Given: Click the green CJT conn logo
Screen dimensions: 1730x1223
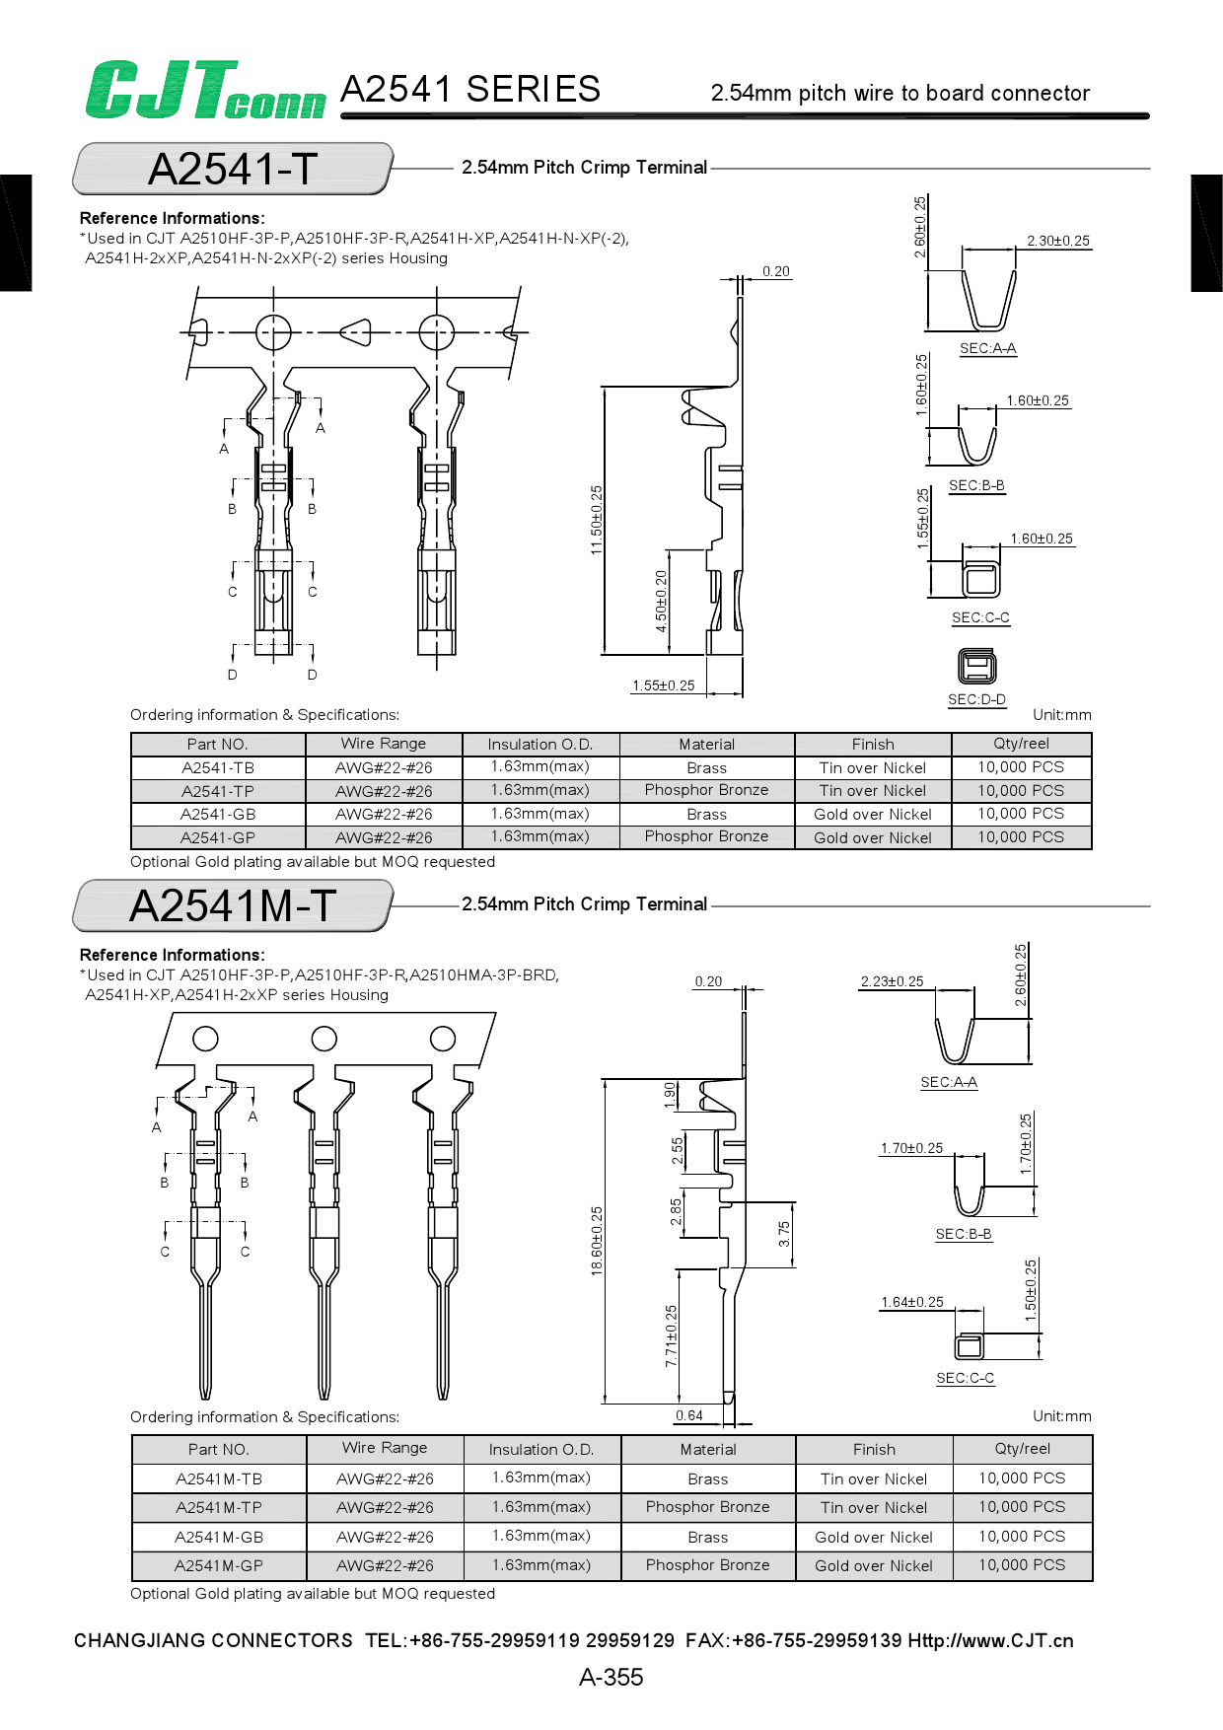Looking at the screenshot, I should point(205,91).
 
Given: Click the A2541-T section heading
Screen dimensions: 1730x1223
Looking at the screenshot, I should point(233,169).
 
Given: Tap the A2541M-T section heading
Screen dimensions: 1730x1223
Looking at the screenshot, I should point(233,905).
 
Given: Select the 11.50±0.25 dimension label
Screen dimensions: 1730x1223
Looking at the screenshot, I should point(597,520).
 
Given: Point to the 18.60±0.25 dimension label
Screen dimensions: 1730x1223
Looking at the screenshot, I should point(597,1241).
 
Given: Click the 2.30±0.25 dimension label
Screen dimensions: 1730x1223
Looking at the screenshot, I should point(1058,241).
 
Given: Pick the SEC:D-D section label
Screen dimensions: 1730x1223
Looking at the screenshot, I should point(976,699).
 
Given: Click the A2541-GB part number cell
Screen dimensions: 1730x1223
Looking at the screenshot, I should point(218,815).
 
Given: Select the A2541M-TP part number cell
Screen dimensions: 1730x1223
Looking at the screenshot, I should point(219,1507).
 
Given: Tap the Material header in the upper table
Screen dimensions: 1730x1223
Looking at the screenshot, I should point(707,745).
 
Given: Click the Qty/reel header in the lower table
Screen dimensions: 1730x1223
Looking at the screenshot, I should point(1022,1449).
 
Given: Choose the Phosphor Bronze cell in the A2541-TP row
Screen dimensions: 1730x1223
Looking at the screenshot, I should point(707,790).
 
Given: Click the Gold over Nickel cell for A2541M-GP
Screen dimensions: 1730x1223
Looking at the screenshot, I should point(874,1565).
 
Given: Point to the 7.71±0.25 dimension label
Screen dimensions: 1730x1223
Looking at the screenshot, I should point(672,1335).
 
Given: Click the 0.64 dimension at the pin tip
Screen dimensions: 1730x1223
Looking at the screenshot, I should point(689,1415).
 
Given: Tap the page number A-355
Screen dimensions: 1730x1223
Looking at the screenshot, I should point(611,1677).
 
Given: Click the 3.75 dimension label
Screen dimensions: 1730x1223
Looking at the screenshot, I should point(784,1234).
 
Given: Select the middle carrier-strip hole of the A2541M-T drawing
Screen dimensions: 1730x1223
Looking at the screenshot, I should point(324,1039).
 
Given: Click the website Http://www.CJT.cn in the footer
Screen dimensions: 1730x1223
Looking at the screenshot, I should point(990,1640).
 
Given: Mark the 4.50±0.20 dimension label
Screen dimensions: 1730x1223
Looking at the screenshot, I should point(662,601).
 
